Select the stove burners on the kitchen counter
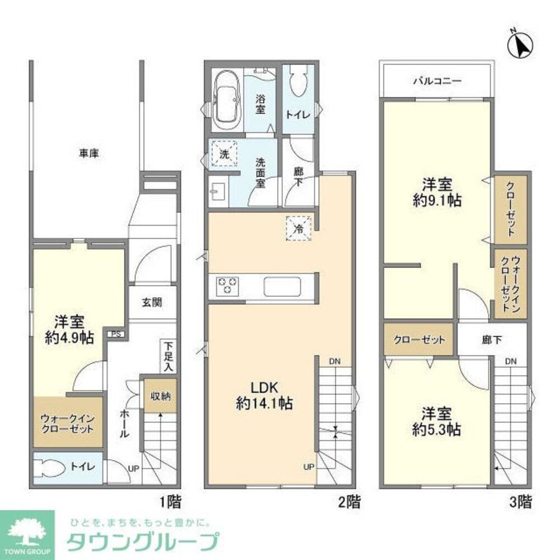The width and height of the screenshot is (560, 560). (x=227, y=286)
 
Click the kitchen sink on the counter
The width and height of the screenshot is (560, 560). (x=283, y=286)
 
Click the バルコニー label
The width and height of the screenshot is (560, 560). (x=437, y=81)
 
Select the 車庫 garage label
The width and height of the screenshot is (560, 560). (x=88, y=153)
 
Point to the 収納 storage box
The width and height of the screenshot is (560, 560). (x=161, y=396)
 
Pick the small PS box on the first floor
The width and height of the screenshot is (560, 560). (x=116, y=334)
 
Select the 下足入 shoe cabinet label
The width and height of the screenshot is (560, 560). (x=169, y=356)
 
